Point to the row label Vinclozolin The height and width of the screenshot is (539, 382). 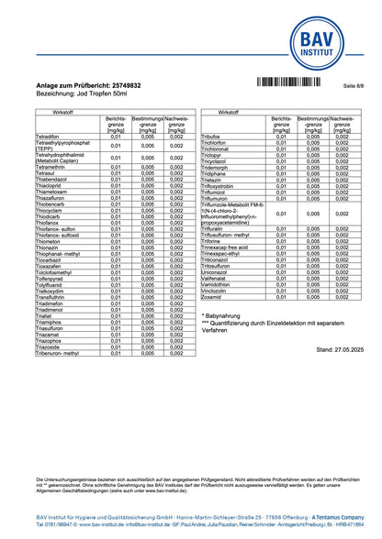click(x=214, y=291)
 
